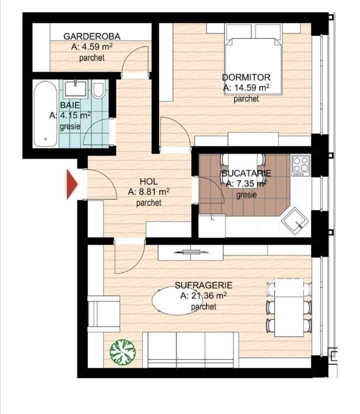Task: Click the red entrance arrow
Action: point(71,184)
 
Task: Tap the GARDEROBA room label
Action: point(92,36)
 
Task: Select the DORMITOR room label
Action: point(246,77)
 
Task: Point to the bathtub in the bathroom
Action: point(45,114)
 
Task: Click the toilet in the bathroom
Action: point(98,90)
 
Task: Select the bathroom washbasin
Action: point(75,88)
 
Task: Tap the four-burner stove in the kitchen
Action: point(301,165)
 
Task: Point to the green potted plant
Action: point(123,352)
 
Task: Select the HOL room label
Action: point(148,181)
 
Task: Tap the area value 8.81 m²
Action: point(148,191)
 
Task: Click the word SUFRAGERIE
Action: point(203,285)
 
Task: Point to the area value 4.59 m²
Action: point(92,47)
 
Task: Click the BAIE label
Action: point(70,105)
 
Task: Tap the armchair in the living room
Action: point(103,313)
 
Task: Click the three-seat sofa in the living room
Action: point(190,350)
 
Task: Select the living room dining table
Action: point(289,307)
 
